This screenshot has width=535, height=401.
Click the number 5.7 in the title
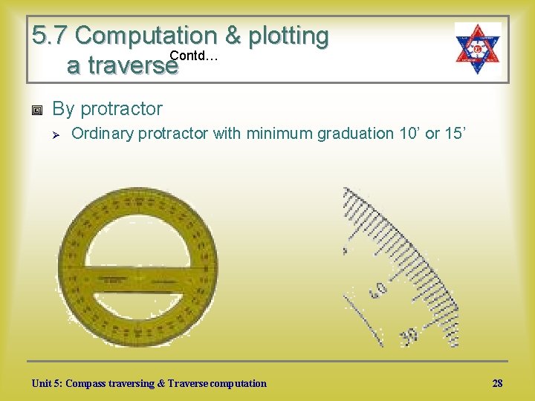click(x=51, y=36)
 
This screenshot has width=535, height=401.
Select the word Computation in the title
click(x=145, y=36)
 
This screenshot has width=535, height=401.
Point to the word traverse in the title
click(x=122, y=66)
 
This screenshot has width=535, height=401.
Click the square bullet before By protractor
click(x=37, y=110)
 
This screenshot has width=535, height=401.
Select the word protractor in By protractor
click(x=121, y=109)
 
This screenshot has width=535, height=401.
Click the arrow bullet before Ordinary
click(x=56, y=134)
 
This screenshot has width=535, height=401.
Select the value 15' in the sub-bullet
click(x=454, y=134)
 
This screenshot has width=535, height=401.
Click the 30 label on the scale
click(x=408, y=335)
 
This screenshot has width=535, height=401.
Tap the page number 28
click(x=497, y=383)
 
